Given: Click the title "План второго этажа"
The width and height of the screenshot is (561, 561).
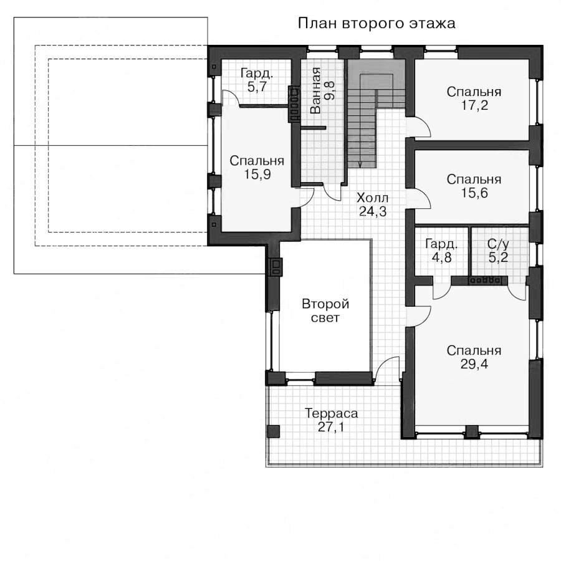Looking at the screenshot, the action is click(376, 24).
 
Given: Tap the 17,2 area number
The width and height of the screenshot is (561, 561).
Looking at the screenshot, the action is click(474, 106).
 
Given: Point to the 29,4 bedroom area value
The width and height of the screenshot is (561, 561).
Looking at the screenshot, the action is click(474, 365).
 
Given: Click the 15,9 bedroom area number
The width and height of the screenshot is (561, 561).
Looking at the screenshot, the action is click(257, 175).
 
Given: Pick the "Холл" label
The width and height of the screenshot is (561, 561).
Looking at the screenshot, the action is click(373, 198).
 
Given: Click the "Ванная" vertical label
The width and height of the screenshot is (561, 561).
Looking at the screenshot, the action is click(315, 90).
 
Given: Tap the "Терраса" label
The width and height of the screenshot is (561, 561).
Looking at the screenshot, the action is click(332, 414).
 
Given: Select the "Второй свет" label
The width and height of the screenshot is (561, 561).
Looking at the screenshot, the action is click(325, 311).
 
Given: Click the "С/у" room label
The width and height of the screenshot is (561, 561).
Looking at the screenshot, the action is click(498, 244).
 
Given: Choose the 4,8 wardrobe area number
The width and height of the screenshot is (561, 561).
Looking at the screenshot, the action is click(441, 257).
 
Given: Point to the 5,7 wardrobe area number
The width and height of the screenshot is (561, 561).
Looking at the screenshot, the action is click(257, 87).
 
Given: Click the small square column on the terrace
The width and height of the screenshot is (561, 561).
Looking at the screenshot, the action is click(274, 431).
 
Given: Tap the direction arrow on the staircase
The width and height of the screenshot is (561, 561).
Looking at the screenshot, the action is click(360, 164).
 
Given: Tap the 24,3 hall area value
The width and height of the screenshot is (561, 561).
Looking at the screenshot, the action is click(373, 212).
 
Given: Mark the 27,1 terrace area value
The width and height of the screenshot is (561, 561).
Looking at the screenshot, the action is click(331, 427).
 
